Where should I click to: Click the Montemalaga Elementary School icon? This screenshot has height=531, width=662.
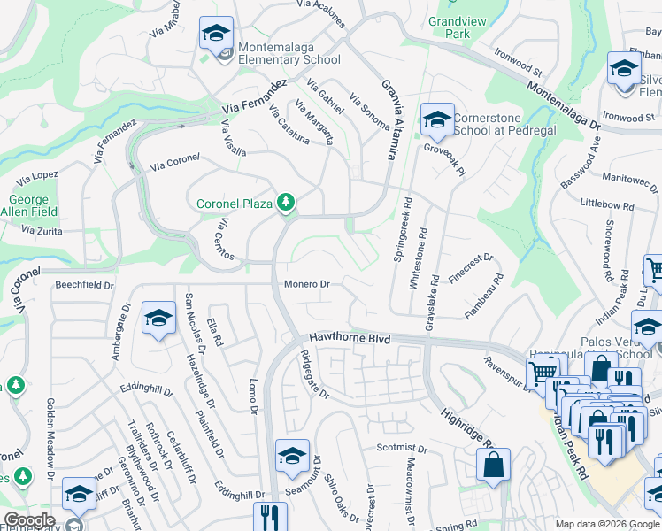[216, 34]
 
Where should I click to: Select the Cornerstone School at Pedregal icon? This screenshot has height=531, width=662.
[436, 119]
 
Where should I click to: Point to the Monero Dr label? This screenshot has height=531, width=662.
[307, 284]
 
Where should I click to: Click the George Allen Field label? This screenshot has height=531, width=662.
[33, 205]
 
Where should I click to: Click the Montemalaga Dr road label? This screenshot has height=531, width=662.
[563, 106]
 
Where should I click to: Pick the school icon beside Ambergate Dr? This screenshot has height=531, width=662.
[158, 319]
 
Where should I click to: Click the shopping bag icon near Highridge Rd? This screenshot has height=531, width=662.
[493, 465]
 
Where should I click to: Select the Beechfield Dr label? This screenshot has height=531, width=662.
[85, 286]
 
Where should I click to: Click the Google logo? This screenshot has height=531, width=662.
[30, 519]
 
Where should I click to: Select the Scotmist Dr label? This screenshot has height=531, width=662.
[400, 447]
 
